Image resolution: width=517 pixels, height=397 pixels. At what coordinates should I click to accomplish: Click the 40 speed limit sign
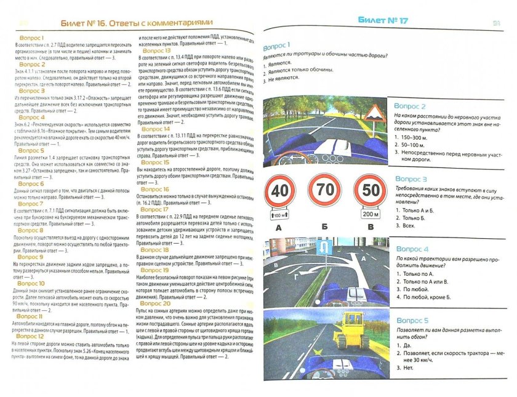click(279, 191)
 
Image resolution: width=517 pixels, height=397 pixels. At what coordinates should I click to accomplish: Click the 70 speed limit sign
click(324, 191)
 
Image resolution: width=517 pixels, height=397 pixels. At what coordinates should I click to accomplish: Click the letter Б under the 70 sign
click(324, 227)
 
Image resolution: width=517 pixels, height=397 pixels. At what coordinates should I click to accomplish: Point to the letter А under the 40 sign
click(279, 227)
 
